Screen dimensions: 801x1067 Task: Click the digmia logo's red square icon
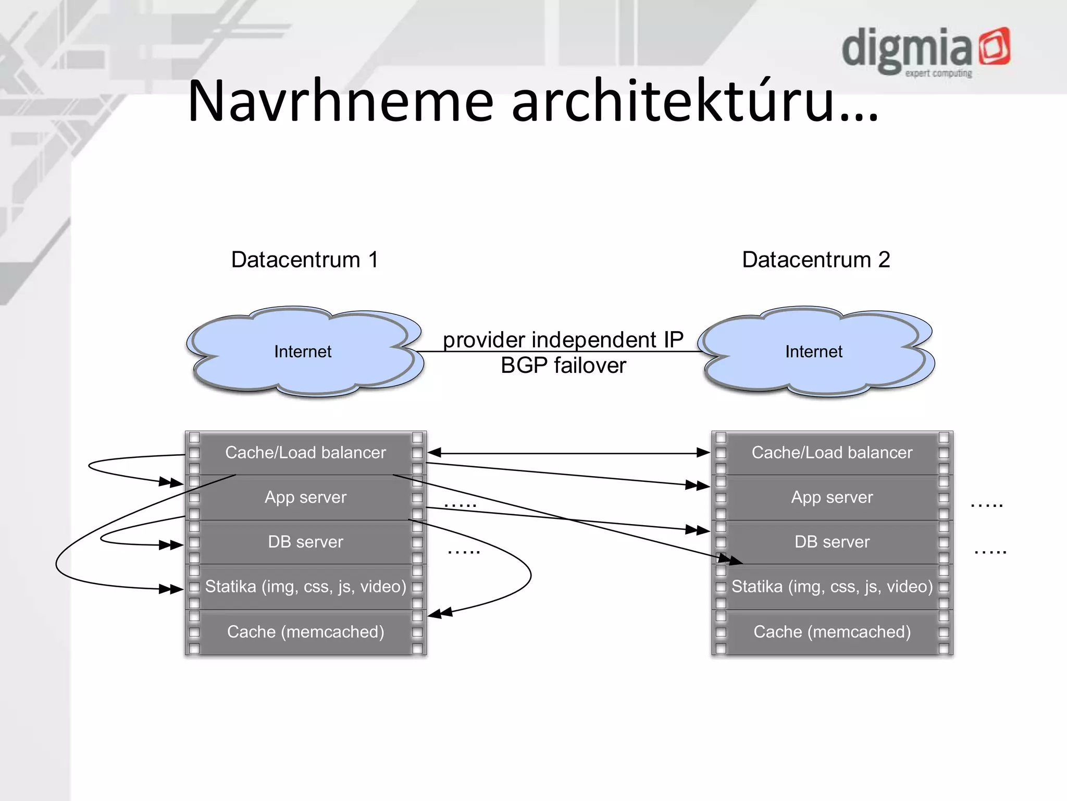pyautogui.click(x=994, y=47)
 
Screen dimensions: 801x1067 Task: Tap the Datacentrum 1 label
pyautogui.click(x=304, y=260)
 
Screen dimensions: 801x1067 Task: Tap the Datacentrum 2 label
pyautogui.click(x=815, y=260)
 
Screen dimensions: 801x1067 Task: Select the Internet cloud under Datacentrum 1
pyautogui.click(x=303, y=351)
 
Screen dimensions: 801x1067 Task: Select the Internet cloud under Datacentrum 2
pyautogui.click(x=814, y=351)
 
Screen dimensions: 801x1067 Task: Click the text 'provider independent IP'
pyautogui.click(x=563, y=339)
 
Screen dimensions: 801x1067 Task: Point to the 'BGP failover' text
pyautogui.click(x=563, y=366)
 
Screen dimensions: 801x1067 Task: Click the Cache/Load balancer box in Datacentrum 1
pyautogui.click(x=306, y=453)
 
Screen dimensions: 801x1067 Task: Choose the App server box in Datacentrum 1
pyautogui.click(x=306, y=497)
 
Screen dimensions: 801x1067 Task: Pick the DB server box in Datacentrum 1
pyautogui.click(x=306, y=542)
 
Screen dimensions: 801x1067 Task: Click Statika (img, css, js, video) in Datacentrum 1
pyautogui.click(x=306, y=587)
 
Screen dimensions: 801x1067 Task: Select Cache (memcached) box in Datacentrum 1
pyautogui.click(x=306, y=632)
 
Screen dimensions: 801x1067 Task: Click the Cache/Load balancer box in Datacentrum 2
pyautogui.click(x=832, y=453)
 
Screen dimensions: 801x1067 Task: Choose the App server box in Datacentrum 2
pyautogui.click(x=832, y=497)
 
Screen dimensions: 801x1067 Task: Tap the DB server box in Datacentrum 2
pyautogui.click(x=832, y=542)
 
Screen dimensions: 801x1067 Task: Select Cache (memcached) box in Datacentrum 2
pyautogui.click(x=832, y=632)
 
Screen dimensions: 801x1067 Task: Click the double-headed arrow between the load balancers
pyautogui.click(x=568, y=453)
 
